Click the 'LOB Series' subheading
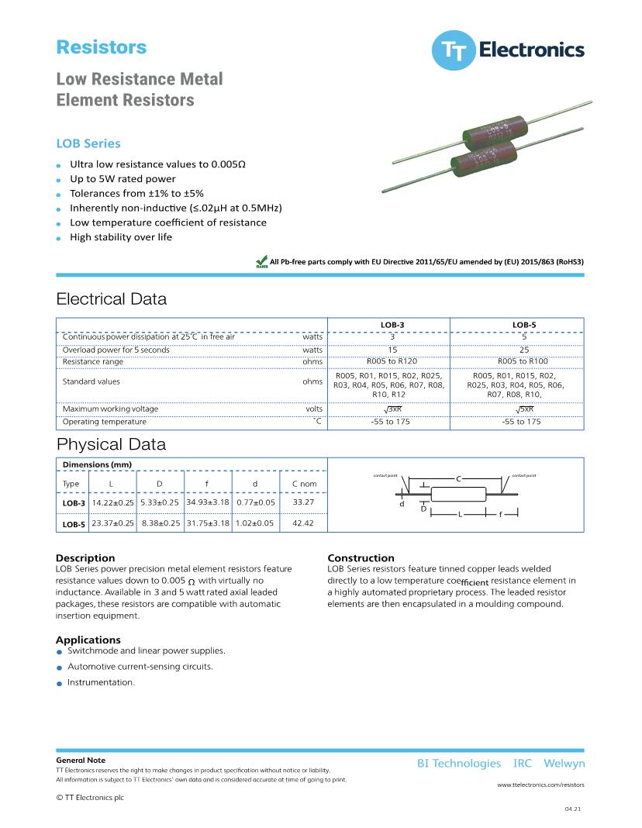click(88, 143)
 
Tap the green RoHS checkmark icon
click(261, 263)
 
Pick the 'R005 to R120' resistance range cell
click(392, 361)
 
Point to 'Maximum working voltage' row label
click(110, 409)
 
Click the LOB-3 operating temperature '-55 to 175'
click(391, 422)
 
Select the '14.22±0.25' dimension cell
click(113, 503)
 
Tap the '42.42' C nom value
click(304, 523)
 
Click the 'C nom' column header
click(304, 484)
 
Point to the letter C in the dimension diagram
click(458, 478)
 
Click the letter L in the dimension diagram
click(460, 514)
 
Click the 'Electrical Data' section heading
click(111, 299)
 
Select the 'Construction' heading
click(361, 558)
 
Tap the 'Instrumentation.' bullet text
click(101, 682)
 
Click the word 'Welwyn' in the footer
click(564, 764)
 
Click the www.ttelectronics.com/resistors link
click(540, 785)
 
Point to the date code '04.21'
click(573, 809)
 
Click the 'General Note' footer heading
click(81, 761)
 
